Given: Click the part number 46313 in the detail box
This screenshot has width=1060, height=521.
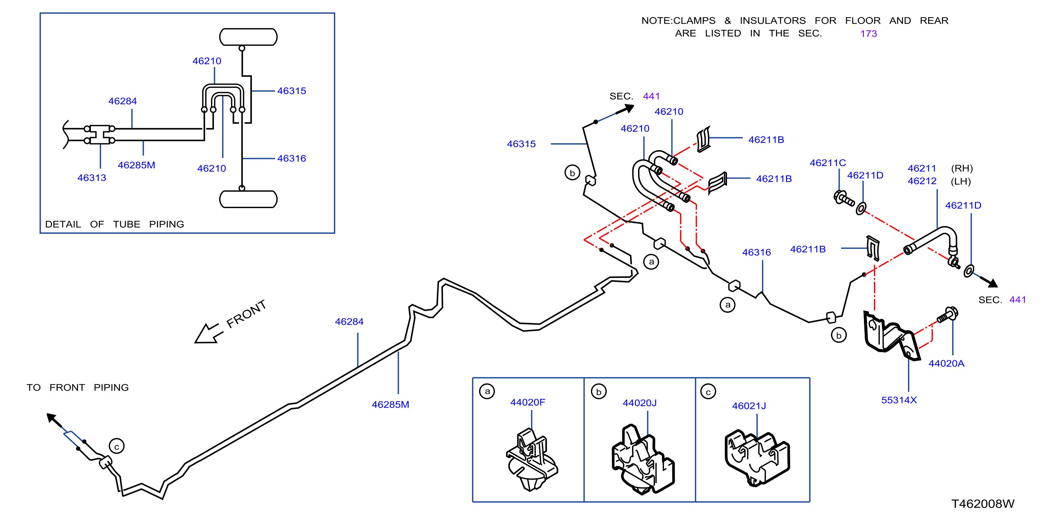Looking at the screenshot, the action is coord(92,178).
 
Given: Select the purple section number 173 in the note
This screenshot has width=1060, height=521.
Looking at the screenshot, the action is coord(868,34).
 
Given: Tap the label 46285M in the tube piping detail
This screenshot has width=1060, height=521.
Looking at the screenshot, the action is coord(137,165).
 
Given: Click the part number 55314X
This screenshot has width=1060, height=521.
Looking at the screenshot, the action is coord(899,400).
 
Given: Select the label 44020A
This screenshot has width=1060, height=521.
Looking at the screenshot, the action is coord(946,363).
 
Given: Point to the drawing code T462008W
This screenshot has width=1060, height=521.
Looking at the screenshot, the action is coord(983,504).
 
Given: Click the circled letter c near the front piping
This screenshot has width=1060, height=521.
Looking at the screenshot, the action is coord(116,446).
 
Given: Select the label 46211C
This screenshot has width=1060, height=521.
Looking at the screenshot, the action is coord(827,163).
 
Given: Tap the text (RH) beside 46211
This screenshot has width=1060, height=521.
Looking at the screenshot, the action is coord(962,169).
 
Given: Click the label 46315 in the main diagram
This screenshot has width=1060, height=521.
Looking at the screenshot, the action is coord(521,144).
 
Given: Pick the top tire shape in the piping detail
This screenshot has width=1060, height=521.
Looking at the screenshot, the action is coord(248,37).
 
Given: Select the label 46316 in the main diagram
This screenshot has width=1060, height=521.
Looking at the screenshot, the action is coord(756,252).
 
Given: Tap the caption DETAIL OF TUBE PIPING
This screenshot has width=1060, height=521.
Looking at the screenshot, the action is coord(115,224).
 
